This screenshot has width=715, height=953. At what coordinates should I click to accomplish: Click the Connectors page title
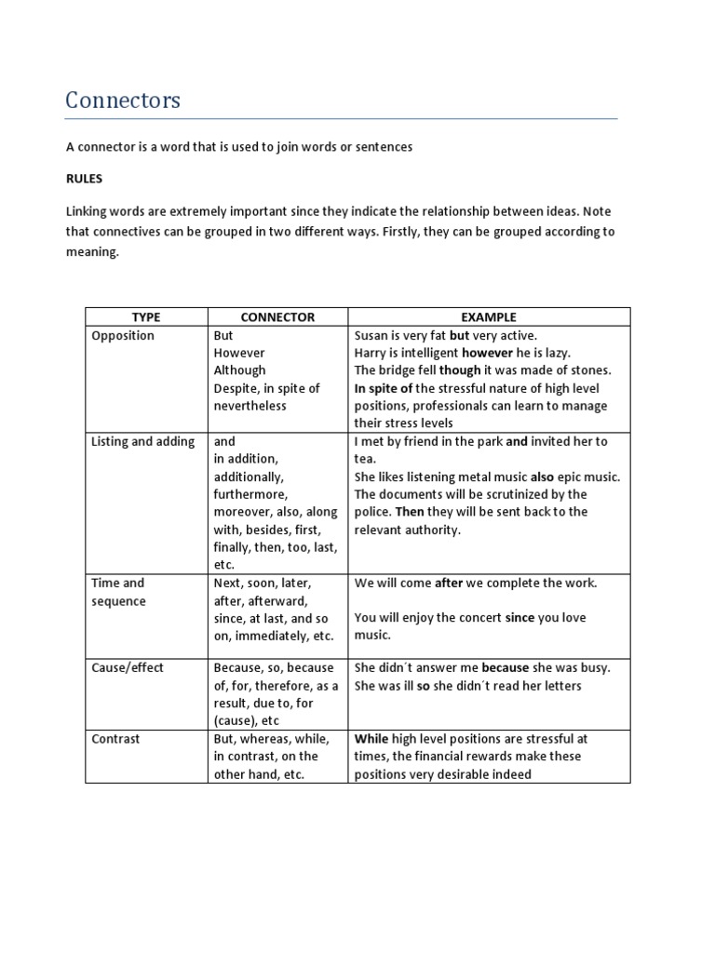click(123, 101)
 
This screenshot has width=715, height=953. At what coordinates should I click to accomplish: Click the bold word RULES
click(84, 179)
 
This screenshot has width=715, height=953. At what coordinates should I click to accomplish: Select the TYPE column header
click(146, 317)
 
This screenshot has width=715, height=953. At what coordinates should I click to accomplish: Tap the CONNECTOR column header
click(277, 317)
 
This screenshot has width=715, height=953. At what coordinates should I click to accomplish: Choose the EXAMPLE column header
click(489, 317)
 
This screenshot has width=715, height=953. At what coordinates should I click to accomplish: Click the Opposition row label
click(123, 335)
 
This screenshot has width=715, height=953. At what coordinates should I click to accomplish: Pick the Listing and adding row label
click(142, 441)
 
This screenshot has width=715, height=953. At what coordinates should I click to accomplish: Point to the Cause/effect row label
click(128, 667)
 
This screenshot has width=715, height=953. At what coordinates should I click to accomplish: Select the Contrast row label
click(115, 738)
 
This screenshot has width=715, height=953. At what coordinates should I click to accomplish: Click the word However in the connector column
click(239, 353)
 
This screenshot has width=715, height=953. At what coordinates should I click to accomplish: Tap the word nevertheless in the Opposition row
click(250, 406)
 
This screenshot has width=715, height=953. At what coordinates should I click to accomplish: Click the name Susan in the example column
click(372, 335)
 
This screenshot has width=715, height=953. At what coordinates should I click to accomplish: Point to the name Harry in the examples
click(371, 353)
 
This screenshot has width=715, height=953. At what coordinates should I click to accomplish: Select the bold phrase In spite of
click(384, 388)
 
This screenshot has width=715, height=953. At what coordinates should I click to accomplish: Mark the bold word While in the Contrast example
click(371, 738)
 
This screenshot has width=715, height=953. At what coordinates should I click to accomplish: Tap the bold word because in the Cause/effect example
click(505, 667)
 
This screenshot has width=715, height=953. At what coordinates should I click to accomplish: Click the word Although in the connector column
click(239, 370)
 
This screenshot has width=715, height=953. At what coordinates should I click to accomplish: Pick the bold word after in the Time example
click(449, 583)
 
